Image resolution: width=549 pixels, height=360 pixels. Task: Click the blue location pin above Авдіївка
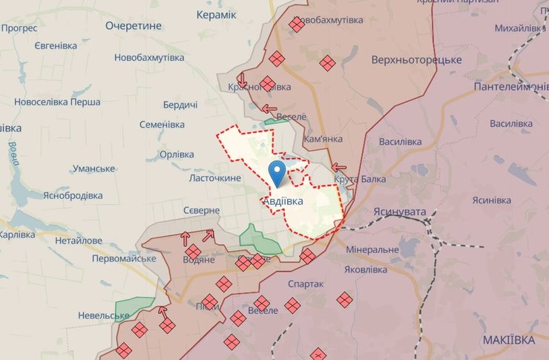(277, 173)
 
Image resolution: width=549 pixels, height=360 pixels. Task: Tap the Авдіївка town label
(285, 200)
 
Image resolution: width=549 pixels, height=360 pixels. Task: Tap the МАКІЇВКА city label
(507, 339)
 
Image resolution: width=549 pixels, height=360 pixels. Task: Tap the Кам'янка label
(322, 140)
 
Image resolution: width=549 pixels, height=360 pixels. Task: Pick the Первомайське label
(124, 259)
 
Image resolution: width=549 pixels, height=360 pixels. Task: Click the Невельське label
(103, 315)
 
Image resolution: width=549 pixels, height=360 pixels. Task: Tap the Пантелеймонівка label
(511, 87)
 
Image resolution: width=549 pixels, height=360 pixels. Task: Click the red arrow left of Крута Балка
(339, 167)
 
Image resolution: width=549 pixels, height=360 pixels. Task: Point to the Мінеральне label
(372, 250)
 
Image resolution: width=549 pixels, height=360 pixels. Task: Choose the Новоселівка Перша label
(57, 101)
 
